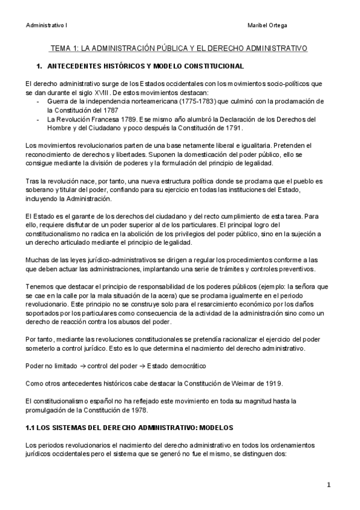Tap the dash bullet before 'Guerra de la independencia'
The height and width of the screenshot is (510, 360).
39,102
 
